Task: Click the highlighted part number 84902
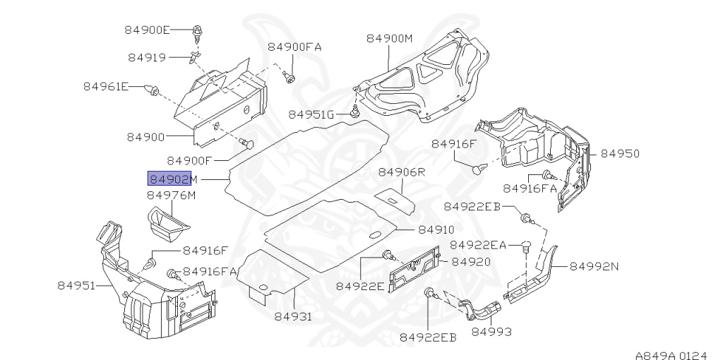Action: point(169,179)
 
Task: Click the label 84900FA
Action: point(294,47)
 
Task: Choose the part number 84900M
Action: point(389,39)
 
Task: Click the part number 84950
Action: point(620,153)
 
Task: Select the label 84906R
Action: point(401,172)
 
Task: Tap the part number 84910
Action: point(436,230)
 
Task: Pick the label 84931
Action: point(292,316)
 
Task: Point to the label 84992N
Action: point(594,267)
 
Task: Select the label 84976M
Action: point(171,196)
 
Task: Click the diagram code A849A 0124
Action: point(671,348)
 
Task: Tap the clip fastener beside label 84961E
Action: point(151,90)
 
